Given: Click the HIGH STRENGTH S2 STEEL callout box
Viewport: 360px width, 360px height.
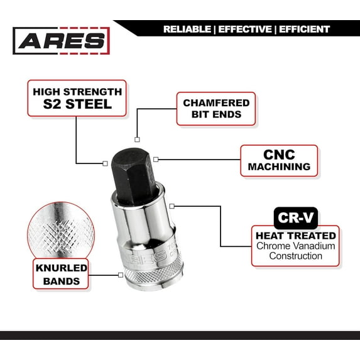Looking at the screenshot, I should pos(77,98).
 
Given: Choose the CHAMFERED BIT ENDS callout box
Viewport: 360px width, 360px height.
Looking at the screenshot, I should pos(216,109).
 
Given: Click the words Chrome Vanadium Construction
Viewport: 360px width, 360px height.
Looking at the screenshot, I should pos(296,251).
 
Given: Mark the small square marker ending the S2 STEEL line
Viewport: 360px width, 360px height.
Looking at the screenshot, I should pos(105,163).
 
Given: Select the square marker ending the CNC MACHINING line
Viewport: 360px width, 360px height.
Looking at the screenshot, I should pos(156,160).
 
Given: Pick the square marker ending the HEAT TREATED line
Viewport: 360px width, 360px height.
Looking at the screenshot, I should pos(172,205).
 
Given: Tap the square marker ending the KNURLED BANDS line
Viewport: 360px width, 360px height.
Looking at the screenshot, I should pos(120,275).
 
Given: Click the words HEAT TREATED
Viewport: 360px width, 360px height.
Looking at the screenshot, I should pos(296,234).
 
